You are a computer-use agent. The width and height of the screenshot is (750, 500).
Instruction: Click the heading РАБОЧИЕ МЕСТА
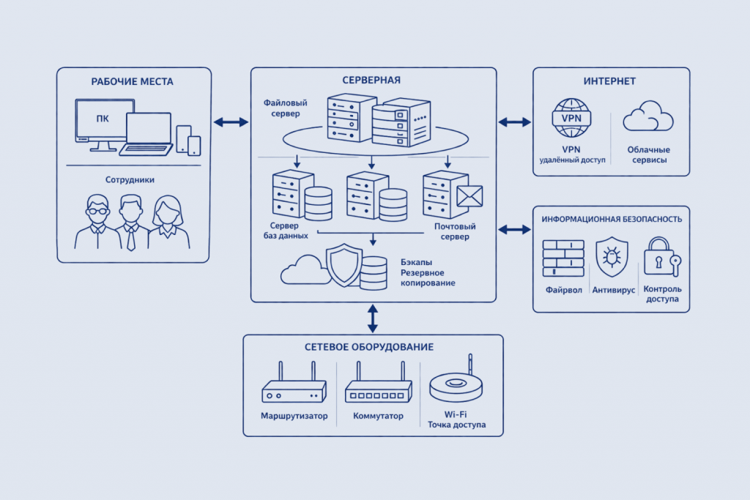coord(132,82)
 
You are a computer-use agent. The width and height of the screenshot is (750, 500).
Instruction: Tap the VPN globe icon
coord(571,118)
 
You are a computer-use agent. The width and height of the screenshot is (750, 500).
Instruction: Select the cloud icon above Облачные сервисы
coord(648,116)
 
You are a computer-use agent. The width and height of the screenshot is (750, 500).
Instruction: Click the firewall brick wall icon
coord(563,258)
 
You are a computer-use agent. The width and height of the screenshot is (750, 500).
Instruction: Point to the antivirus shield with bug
coord(612,257)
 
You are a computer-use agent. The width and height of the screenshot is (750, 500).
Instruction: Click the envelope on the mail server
coord(469,196)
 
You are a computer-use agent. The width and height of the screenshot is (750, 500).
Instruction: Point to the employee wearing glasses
coord(97,222)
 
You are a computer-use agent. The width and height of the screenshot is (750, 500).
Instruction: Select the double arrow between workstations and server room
coord(231,122)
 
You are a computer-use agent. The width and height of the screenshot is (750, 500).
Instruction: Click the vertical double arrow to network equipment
coord(373,319)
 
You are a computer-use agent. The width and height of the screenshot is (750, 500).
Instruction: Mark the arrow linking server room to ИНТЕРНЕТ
coord(515,122)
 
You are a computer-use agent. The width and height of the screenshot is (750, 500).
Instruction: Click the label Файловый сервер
coord(286,108)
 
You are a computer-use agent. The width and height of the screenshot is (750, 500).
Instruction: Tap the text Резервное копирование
coord(428,277)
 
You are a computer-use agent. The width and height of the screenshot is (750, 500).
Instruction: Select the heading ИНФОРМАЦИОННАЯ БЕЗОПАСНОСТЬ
coord(612,220)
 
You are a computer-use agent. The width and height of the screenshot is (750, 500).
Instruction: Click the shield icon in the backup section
coord(344,265)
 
